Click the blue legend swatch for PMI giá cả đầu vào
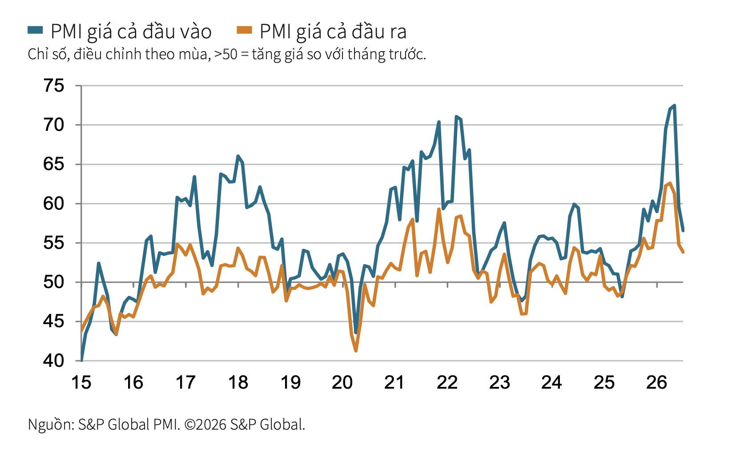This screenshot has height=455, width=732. click(35, 30)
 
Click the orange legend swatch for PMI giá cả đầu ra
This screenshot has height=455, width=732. click(245, 30)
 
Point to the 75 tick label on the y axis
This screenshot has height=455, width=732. click(54, 85)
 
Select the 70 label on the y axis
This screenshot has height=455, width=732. click(54, 125)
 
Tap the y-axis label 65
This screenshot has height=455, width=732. click(54, 164)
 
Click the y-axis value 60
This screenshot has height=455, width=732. click(54, 203)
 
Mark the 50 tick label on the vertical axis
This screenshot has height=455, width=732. click(54, 282)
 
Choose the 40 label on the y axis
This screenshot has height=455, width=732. click(54, 361)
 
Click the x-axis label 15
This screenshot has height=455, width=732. click(81, 382)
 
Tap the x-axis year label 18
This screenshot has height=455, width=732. click(238, 382)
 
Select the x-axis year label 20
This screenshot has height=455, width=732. click(342, 382)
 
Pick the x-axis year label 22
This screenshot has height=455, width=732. click(447, 382)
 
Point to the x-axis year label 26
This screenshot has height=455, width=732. click(656, 382)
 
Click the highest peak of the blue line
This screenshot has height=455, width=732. click(674, 106)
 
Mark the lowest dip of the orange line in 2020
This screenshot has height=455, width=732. click(355, 351)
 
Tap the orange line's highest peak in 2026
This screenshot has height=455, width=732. click(670, 183)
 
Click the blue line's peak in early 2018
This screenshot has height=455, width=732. click(238, 156)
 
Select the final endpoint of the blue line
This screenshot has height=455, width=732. click(683, 231)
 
